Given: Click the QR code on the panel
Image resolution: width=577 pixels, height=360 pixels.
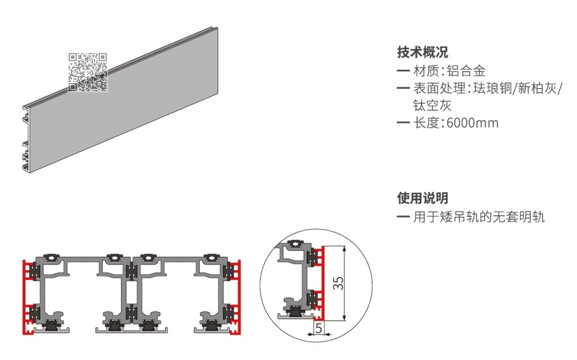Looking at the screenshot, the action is point(88,72).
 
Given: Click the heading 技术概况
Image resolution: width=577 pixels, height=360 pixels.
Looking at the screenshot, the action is point(422,52).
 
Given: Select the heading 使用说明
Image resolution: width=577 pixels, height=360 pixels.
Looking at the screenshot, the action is point(422,198).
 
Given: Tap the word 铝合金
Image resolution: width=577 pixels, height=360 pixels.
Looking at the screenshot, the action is point(466,70).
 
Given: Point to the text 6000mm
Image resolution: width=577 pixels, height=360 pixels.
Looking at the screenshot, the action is point(473,123).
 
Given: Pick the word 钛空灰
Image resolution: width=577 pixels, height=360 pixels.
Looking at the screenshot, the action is point(432,106).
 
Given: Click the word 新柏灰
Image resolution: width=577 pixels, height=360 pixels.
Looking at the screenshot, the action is point(537,88).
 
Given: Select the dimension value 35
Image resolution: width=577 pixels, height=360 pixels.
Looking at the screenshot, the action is point(338,283).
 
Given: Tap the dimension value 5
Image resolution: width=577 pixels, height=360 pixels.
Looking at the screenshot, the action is point(319,328).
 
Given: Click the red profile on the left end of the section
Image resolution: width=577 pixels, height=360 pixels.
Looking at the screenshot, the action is point(28,298).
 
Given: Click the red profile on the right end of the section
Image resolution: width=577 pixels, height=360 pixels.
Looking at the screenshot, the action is point(235,298).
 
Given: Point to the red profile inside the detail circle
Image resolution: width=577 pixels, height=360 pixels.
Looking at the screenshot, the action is point(320,282).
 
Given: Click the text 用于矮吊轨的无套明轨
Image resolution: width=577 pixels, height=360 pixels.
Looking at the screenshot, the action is point(478,217).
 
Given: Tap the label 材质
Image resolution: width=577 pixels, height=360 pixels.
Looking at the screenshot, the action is point(426,70).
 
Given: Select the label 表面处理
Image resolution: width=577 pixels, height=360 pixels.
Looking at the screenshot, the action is point(439,88).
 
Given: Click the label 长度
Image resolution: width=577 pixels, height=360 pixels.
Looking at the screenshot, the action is point(426,123).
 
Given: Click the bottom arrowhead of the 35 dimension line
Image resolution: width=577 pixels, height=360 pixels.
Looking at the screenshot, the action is point(344,317).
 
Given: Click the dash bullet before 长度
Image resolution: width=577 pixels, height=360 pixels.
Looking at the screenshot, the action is point(403,123).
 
